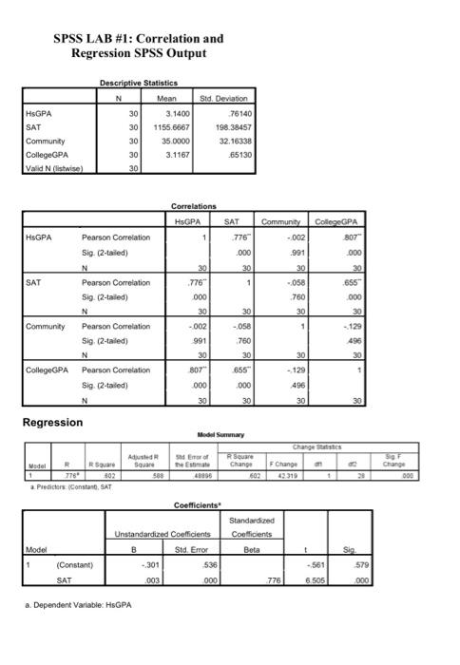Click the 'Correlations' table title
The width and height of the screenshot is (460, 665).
pyautogui.click(x=194, y=205)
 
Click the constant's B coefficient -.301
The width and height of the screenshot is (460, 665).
pyautogui.click(x=157, y=565)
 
